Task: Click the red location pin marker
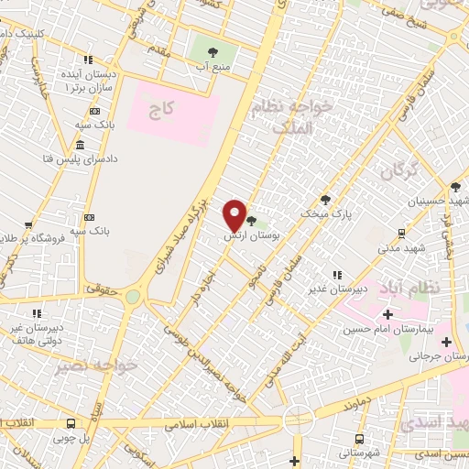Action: pyautogui.click(x=235, y=215)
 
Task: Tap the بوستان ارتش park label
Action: pyautogui.click(x=251, y=236)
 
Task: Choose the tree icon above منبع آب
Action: pyautogui.click(x=213, y=52)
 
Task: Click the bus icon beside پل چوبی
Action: pyautogui.click(x=71, y=423)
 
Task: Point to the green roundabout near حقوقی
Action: pyautogui.click(x=134, y=297)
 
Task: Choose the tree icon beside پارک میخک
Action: pyautogui.click(x=325, y=199)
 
